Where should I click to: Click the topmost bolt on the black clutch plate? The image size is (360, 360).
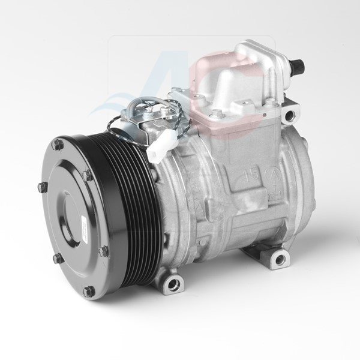click(58, 144)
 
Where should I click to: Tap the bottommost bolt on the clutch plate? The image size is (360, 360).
click(89, 291)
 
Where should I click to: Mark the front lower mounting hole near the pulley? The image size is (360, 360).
click(173, 281)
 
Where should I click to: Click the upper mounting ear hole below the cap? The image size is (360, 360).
click(290, 112)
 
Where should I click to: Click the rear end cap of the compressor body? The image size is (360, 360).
click(300, 180)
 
